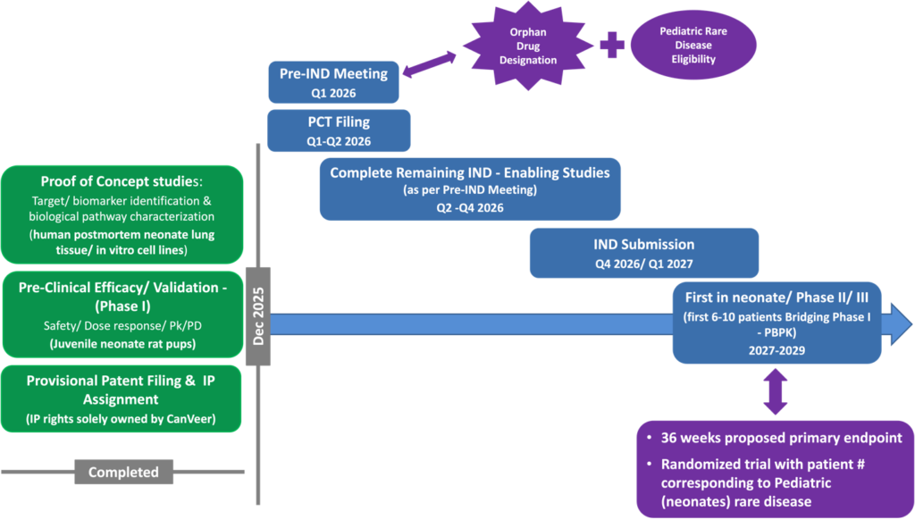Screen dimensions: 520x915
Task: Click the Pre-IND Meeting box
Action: (332, 81)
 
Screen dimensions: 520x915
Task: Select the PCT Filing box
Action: (338, 130)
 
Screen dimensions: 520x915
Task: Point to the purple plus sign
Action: (612, 46)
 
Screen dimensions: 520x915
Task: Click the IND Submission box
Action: (643, 253)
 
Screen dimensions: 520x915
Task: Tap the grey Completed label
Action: (123, 472)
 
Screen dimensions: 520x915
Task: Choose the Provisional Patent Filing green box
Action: (122, 398)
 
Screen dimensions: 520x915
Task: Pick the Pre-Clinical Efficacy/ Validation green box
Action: (122, 314)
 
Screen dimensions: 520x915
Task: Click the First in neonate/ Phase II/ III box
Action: (776, 323)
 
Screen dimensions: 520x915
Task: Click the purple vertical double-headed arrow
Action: (776, 393)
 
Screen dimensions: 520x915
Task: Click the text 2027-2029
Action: (775, 350)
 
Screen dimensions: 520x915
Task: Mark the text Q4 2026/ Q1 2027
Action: (643, 264)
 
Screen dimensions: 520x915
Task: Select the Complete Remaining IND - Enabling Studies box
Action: (469, 189)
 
